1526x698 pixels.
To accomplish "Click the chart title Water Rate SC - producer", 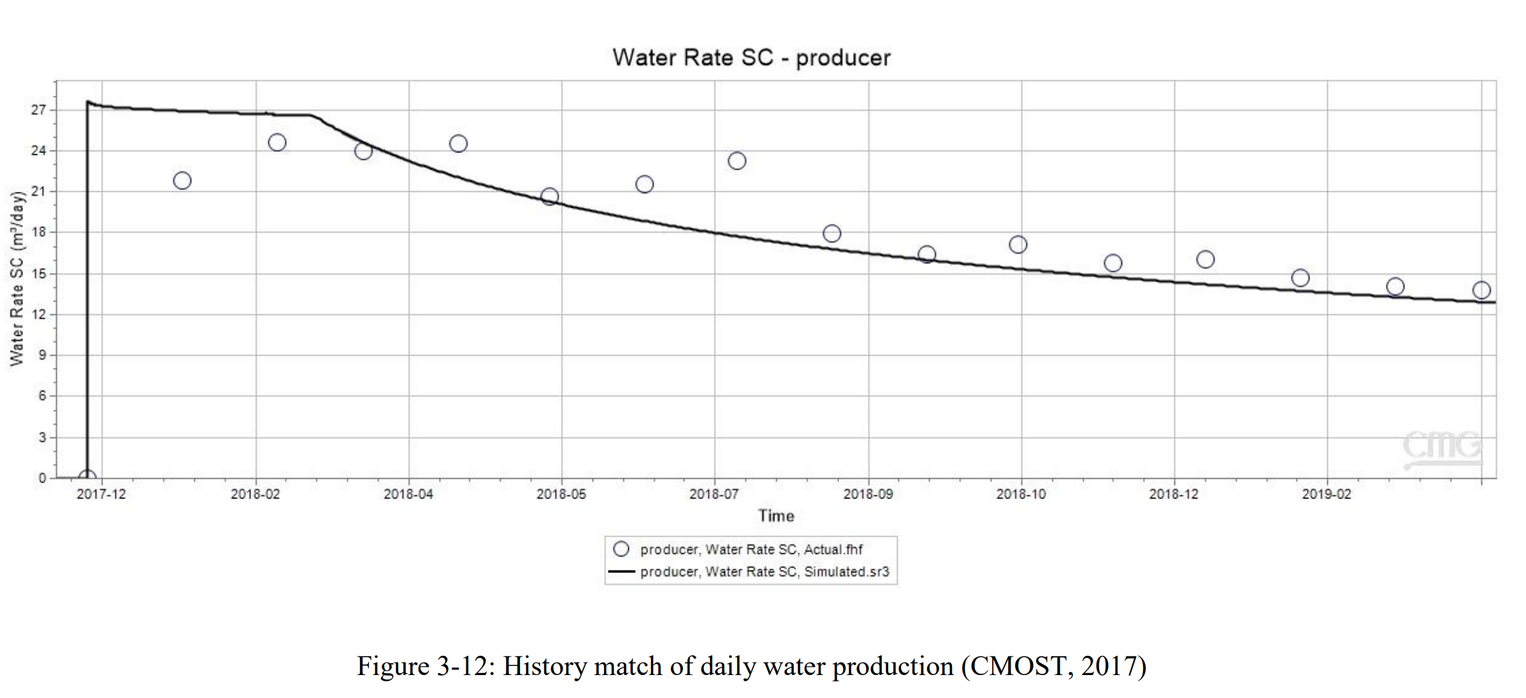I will pos(751,58).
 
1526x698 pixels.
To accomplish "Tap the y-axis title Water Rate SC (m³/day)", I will pos(17,278).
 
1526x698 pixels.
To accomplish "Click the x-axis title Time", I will pos(776,516).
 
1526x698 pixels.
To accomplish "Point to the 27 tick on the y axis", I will pos(39,110).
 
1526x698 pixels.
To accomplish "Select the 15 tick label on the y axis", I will pos(39,273).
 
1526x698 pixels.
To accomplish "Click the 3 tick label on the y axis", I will pos(42,437).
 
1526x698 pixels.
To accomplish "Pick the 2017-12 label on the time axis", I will pos(101,494).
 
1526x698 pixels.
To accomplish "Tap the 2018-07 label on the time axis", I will pos(714,494).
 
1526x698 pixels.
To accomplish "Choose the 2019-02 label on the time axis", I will pos(1327,494).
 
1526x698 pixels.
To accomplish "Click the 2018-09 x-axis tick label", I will pos(868,494).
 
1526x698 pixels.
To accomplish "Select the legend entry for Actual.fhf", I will pos(751,549).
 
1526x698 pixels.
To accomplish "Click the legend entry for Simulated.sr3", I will pos(764,572).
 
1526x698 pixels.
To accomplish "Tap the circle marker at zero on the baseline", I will pos(87,477).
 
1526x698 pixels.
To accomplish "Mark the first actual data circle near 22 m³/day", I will pos(182,181).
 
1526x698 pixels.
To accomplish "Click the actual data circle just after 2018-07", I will pos(737,161).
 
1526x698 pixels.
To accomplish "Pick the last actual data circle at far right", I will pos(1481,290).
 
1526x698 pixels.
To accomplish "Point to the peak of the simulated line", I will pos(88,101).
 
